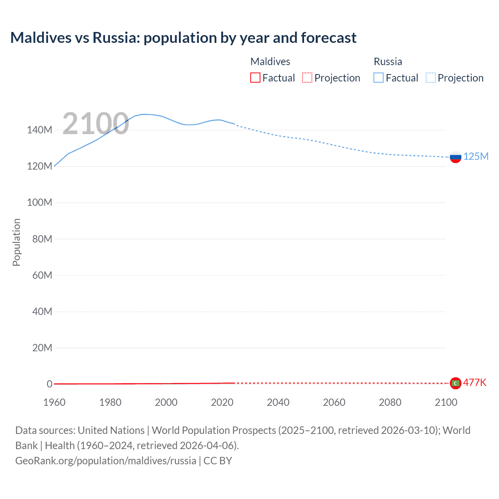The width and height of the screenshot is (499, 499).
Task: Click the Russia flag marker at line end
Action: click(455, 157)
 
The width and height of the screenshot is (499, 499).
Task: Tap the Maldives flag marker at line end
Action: click(455, 383)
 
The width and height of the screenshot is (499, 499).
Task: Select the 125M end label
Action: click(476, 156)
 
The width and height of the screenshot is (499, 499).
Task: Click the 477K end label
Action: click(474, 382)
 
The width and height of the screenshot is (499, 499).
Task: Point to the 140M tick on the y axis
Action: click(39, 130)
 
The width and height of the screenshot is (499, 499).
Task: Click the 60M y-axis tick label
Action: click(42, 275)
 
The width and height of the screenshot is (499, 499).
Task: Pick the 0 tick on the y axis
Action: click(50, 384)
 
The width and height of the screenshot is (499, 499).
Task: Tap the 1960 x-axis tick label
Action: click(54, 402)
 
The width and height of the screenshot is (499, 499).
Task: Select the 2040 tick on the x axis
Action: click(278, 402)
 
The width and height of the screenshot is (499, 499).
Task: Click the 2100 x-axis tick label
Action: click(446, 402)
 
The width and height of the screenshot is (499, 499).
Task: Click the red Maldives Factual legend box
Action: click(255, 78)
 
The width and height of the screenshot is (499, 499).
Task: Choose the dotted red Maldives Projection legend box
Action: click(307, 78)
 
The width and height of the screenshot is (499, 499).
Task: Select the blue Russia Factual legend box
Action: click(379, 78)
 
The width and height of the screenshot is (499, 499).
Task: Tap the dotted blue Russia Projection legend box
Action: click(430, 78)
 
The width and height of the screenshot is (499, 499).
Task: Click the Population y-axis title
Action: click(16, 242)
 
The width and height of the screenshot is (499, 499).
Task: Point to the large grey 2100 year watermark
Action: click(96, 124)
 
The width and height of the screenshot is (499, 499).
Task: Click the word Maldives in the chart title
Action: click(41, 38)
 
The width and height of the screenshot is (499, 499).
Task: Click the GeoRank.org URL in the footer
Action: click(106, 461)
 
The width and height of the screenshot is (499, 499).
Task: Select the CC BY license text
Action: click(218, 461)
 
